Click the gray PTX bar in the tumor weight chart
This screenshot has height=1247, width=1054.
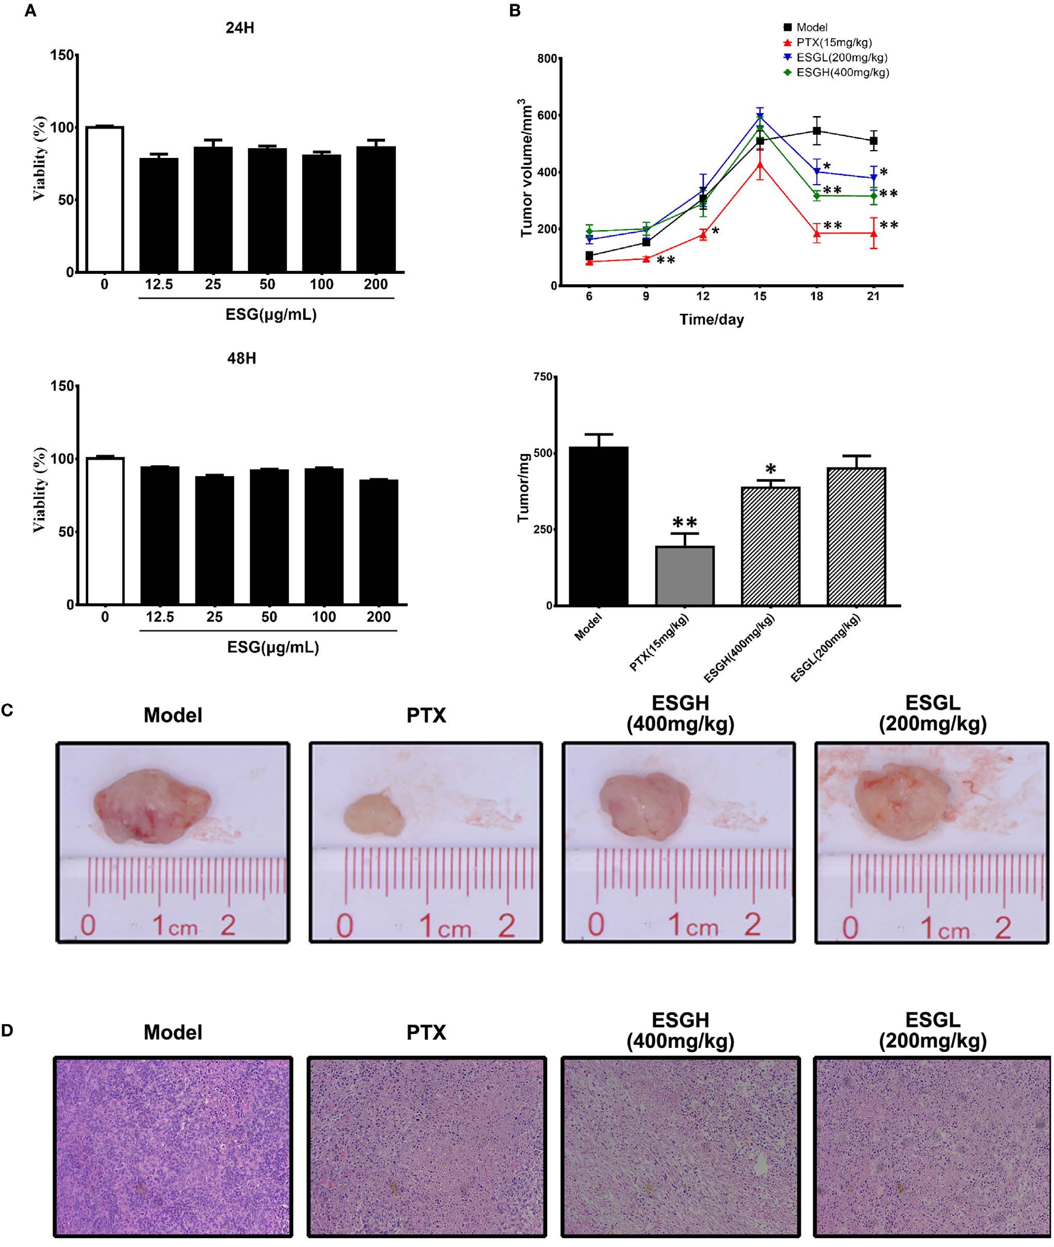(x=685, y=576)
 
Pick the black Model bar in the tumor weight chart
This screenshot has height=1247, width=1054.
(x=598, y=526)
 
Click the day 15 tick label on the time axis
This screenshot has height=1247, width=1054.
(x=760, y=297)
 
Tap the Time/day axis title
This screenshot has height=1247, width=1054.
(x=712, y=320)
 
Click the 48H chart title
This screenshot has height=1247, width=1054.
(x=241, y=358)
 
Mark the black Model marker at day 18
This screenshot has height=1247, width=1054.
(x=817, y=131)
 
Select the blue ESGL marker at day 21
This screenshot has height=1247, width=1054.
(x=874, y=177)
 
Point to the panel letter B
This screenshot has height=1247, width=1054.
(x=515, y=10)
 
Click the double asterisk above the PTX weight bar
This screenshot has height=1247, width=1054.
(x=685, y=522)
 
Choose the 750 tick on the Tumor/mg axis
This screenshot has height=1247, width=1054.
(x=543, y=377)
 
